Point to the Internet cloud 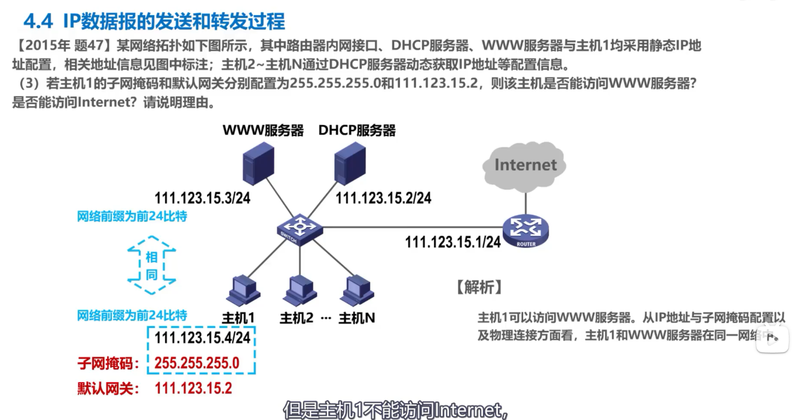coord(524,164)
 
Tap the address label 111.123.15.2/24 coord(384,198)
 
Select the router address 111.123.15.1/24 coord(453,242)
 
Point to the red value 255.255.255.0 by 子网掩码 coord(197,363)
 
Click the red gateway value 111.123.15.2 coord(193,389)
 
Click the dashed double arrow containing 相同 coord(152,265)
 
